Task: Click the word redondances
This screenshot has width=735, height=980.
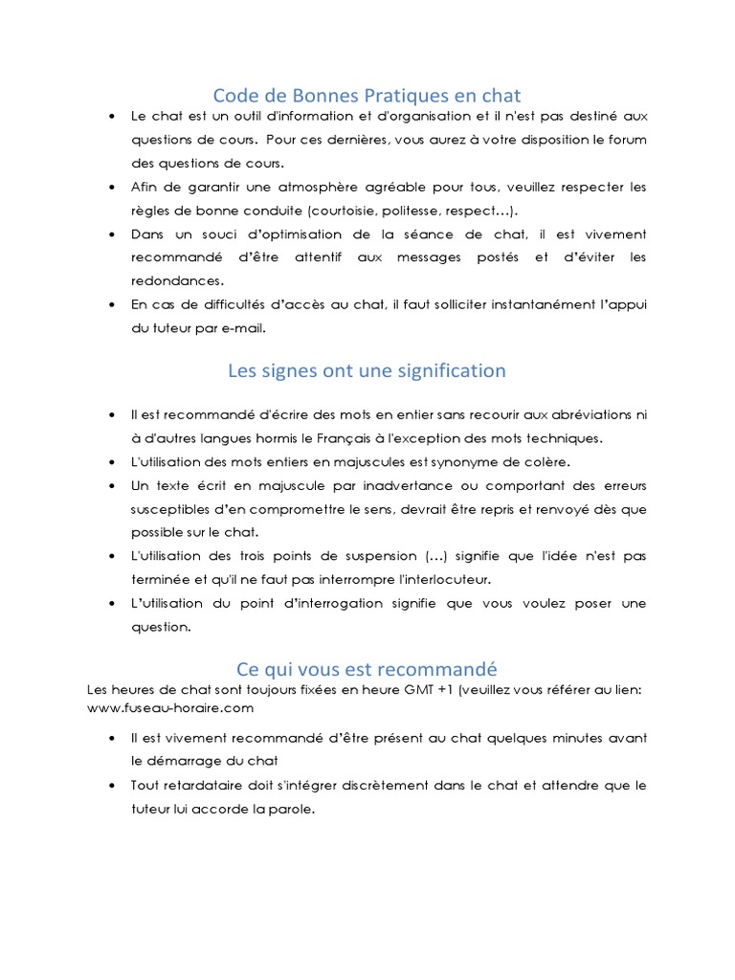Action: (177, 281)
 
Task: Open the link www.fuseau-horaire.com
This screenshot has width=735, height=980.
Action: (169, 708)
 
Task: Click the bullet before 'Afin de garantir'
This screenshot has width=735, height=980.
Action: (112, 187)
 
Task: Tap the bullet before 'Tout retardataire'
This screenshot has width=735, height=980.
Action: (112, 786)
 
